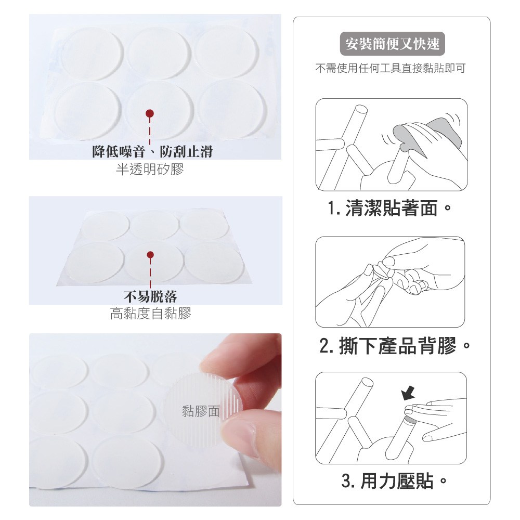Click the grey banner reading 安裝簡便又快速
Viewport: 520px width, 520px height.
[x=392, y=44]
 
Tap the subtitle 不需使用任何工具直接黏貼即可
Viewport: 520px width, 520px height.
[x=391, y=68]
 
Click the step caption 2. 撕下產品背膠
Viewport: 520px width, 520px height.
[x=394, y=346]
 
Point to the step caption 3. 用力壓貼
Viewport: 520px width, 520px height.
[x=394, y=480]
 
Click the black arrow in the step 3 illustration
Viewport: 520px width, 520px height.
[x=408, y=393]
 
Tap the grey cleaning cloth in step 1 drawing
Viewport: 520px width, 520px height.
[x=428, y=134]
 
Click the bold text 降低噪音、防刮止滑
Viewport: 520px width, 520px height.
[x=152, y=151]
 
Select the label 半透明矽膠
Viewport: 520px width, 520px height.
[x=150, y=169]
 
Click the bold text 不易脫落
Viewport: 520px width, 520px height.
[x=150, y=296]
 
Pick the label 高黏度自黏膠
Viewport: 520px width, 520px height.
[x=150, y=314]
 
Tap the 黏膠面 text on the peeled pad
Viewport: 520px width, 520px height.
[x=201, y=411]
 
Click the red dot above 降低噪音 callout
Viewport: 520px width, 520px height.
[x=150, y=114]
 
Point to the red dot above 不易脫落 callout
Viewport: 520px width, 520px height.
[x=150, y=255]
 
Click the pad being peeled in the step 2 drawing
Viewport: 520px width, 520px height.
[x=381, y=271]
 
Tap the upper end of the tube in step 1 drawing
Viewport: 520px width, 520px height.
[x=360, y=110]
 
